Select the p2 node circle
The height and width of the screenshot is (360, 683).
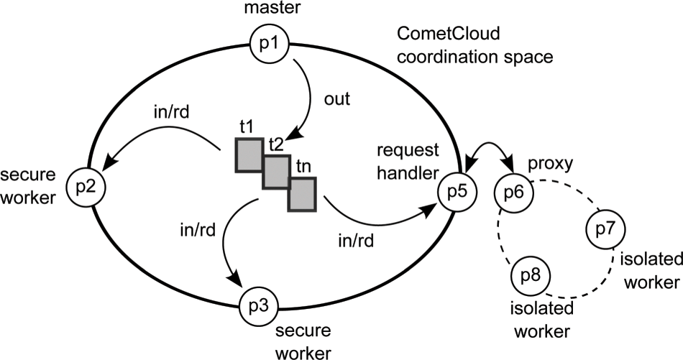pyautogui.click(x=87, y=186)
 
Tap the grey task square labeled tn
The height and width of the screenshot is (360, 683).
pyautogui.click(x=302, y=195)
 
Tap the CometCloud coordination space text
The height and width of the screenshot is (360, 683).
pyautogui.click(x=472, y=45)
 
